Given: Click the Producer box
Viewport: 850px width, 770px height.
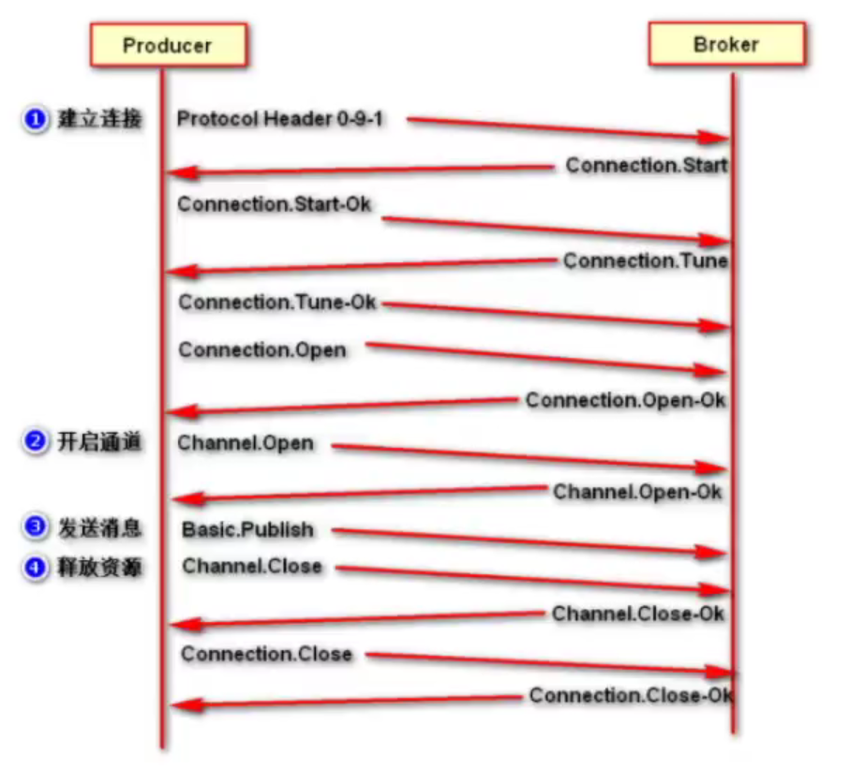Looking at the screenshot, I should [x=169, y=45].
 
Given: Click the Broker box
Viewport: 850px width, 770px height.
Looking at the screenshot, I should [x=726, y=44].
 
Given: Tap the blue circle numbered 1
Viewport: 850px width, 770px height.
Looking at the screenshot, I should [x=36, y=120].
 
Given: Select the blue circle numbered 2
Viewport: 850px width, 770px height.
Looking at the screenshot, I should [x=36, y=442].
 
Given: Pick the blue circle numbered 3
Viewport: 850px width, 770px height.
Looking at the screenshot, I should [x=36, y=528].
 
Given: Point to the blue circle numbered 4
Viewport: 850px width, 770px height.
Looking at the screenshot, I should [x=36, y=567].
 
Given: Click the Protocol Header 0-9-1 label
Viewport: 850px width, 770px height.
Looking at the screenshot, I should [x=281, y=119].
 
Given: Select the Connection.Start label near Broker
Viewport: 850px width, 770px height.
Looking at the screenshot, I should [x=646, y=166].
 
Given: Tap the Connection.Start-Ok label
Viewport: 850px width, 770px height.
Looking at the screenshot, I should [x=275, y=203].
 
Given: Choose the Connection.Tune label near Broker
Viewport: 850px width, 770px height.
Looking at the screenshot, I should [x=645, y=261].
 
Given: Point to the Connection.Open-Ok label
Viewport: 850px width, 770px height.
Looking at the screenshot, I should [x=625, y=400].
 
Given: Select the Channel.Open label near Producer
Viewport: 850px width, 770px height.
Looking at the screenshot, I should [x=246, y=442].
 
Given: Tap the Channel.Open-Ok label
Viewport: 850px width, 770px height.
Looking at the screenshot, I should [x=637, y=491].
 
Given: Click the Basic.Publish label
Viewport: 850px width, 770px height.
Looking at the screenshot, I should [x=247, y=529].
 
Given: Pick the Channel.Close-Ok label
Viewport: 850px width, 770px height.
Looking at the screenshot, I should [x=637, y=614].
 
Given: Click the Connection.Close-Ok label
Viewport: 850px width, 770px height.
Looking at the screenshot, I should [x=630, y=695].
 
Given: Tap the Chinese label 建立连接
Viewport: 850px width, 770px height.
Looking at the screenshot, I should [x=100, y=120].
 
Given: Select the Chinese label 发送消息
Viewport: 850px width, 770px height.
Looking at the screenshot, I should [x=100, y=528].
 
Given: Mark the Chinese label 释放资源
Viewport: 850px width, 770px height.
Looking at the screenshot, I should [x=100, y=567].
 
